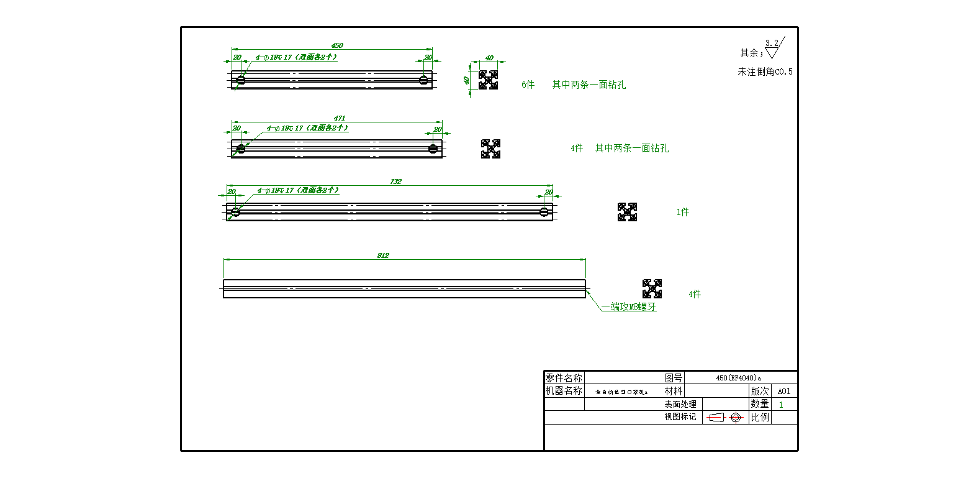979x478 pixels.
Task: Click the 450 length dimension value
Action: coord(337,45)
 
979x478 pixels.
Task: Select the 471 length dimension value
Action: coord(340,118)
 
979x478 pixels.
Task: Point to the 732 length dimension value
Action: coord(396,182)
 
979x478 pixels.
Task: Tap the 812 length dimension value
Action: coord(383,255)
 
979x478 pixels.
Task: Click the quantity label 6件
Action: coord(528,85)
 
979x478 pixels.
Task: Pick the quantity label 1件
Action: coord(682,212)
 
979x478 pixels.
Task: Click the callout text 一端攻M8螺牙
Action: coord(628,306)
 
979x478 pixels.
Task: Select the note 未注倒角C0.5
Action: coord(765,71)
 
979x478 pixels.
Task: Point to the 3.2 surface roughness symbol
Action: coord(774,47)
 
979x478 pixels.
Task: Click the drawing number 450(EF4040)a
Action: coord(738,378)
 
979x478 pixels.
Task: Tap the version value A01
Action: coord(784,391)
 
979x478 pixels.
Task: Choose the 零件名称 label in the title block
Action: coord(564,378)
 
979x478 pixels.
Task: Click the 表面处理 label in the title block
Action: coord(680,404)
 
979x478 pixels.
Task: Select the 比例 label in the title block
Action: coord(760,417)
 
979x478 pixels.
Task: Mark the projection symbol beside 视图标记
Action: coord(725,417)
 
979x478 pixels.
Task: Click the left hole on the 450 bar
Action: coord(241,80)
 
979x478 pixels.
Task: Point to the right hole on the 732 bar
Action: coord(544,212)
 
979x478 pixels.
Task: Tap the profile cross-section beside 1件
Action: coord(627,212)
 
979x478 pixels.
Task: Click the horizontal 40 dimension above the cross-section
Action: coord(489,58)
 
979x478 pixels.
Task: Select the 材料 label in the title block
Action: coord(674,391)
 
